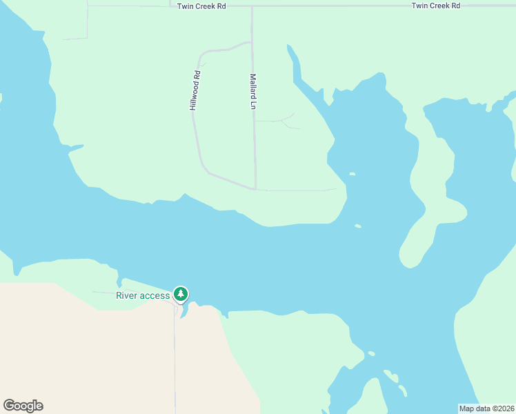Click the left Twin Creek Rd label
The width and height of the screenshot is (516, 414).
pyautogui.click(x=201, y=6)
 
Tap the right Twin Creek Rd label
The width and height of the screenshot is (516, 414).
pyautogui.click(x=436, y=6)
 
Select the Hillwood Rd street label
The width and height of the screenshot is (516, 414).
pyautogui.click(x=195, y=91)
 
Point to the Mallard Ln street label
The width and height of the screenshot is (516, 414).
pyautogui.click(x=253, y=92)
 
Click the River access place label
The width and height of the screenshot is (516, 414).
pyautogui.click(x=142, y=296)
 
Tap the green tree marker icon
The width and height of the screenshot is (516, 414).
pyautogui.click(x=181, y=295)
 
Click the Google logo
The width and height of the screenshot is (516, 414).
pyautogui.click(x=23, y=406)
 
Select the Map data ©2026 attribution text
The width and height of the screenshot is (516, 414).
pyautogui.click(x=486, y=408)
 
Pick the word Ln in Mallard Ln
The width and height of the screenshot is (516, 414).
pyautogui.click(x=253, y=105)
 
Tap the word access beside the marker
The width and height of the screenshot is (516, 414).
pyautogui.click(x=155, y=296)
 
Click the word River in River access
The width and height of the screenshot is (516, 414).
pyautogui.click(x=126, y=296)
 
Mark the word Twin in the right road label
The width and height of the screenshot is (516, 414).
pyautogui.click(x=420, y=6)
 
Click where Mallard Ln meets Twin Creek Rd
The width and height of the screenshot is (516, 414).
pyautogui.click(x=252, y=6)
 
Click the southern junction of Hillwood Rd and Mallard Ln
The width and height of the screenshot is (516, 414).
pyautogui.click(x=255, y=188)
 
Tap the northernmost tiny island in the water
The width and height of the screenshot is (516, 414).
pyautogui.click(x=352, y=174)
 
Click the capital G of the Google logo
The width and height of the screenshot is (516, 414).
pyautogui.click(x=9, y=405)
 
